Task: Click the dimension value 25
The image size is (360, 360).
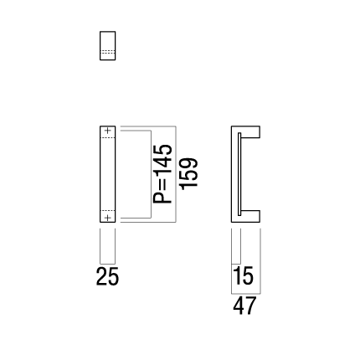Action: [107, 276]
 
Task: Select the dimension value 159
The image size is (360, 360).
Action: [189, 174]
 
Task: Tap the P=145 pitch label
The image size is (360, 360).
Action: [162, 174]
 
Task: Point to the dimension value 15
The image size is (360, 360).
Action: [244, 276]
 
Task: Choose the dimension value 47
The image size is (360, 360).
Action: [244, 306]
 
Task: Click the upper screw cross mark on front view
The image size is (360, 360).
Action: [108, 131]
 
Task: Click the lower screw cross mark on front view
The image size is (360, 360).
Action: [108, 218]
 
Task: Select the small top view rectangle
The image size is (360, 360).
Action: [108, 45]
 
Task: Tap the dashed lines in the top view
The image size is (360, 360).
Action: [108, 52]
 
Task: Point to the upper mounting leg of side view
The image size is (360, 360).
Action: [250, 131]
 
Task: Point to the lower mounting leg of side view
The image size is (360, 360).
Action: [250, 216]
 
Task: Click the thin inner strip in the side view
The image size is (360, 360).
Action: [239, 174]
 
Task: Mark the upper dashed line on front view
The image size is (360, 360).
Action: [108, 137]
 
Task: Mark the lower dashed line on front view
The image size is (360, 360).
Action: [108, 210]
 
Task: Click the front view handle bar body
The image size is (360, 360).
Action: [108, 174]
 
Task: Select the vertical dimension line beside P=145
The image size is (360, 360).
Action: [151, 174]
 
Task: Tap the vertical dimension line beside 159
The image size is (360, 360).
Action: [176, 174]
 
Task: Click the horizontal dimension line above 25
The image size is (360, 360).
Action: [107, 264]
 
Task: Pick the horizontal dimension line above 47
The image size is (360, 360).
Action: [246, 294]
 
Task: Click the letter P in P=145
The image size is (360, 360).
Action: [162, 197]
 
